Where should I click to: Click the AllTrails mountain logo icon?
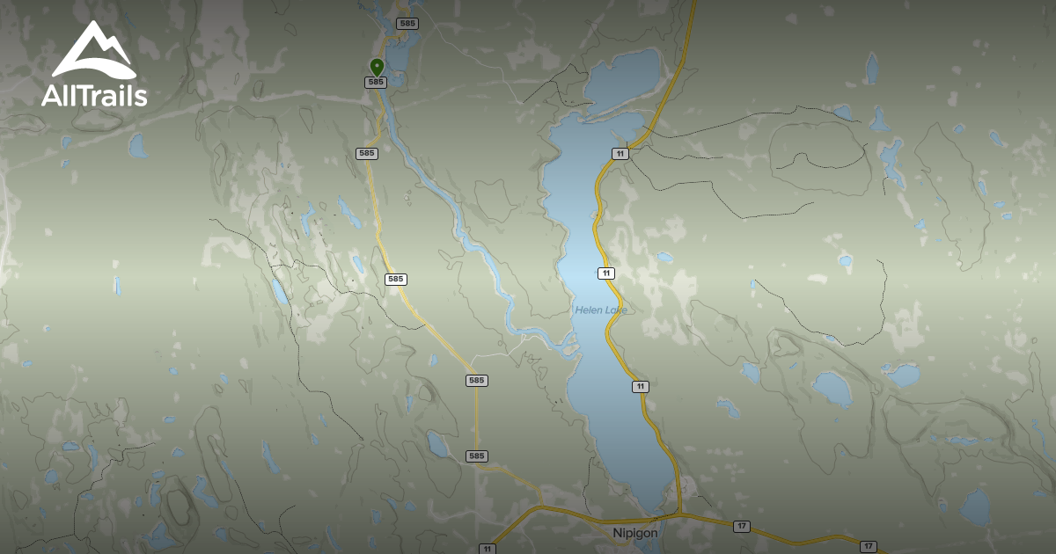(94, 50)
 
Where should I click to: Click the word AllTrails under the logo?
(94, 95)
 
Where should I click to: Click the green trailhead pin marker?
(377, 67)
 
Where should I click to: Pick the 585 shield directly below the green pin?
(376, 82)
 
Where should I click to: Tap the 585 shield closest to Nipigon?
(476, 456)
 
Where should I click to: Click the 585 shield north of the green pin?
(406, 23)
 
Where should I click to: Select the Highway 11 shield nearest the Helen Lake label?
(605, 273)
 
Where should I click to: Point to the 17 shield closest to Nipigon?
(742, 526)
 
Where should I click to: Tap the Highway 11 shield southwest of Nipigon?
(487, 549)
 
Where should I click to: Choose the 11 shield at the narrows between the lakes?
(620, 153)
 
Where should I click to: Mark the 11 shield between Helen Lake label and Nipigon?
(640, 386)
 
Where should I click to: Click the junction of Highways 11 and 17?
(679, 513)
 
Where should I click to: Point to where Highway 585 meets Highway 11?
(539, 507)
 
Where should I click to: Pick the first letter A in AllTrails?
(51, 96)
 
